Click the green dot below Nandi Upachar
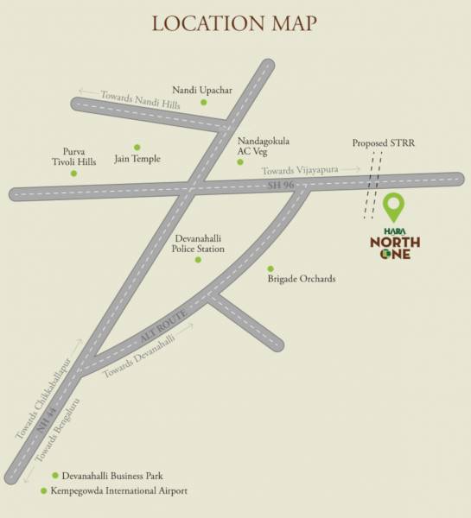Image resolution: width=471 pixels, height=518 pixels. click(x=204, y=103)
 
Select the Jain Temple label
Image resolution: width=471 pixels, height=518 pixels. click(x=138, y=159)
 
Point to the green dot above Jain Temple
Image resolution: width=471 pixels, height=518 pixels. click(x=136, y=147)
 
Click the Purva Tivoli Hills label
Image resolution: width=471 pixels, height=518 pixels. click(x=69, y=155)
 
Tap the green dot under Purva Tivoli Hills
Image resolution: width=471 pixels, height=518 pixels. click(x=73, y=174)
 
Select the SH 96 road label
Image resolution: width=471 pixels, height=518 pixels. click(x=276, y=186)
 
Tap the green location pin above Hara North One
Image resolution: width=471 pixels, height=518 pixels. click(x=394, y=207)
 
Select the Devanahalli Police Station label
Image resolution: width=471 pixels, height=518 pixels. click(x=200, y=243)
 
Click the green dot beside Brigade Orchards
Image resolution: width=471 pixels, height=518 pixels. click(x=270, y=268)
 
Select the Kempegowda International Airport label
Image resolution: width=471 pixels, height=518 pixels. click(x=119, y=490)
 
